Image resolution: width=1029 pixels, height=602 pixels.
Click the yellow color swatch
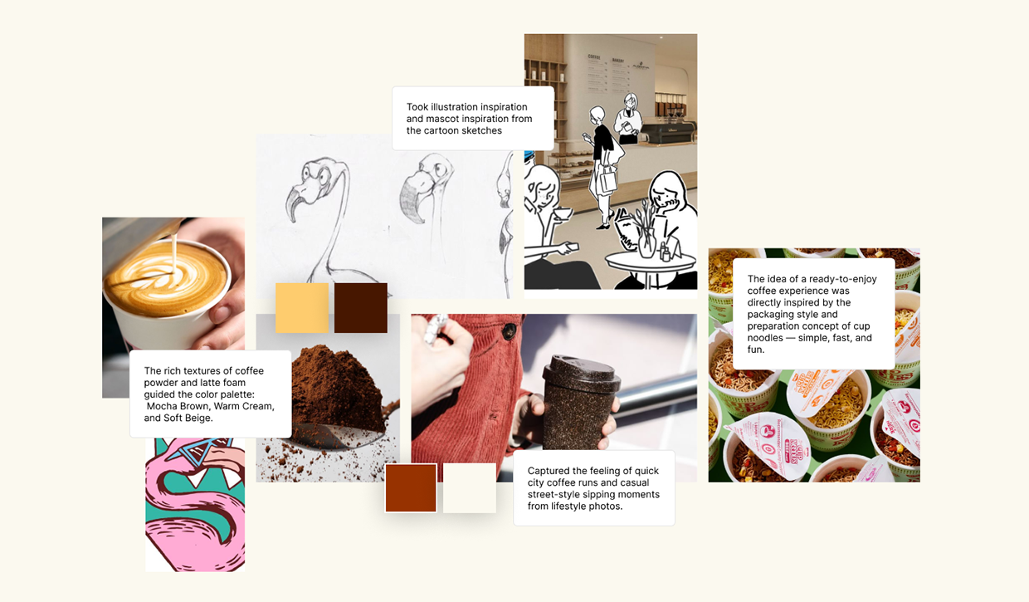[x=301, y=308]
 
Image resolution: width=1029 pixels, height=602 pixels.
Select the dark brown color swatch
[x=361, y=308]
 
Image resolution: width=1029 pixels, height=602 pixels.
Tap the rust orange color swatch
[x=411, y=488]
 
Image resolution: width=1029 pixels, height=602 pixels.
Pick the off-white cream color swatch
[x=470, y=488]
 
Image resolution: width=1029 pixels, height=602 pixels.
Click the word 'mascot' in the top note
[x=441, y=119]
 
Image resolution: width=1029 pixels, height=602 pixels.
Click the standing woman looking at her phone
[x=603, y=158]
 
